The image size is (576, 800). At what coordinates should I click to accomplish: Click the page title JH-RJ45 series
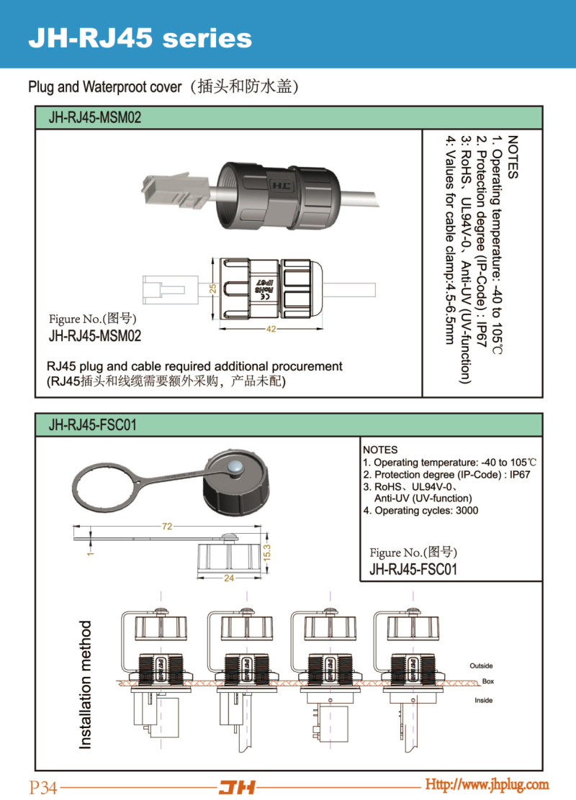tap(140, 38)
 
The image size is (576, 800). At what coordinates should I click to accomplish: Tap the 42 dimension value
tap(271, 329)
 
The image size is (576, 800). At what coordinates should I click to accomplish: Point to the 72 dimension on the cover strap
tap(167, 527)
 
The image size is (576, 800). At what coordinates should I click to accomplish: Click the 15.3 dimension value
tap(266, 553)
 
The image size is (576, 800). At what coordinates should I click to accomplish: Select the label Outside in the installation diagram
tap(481, 665)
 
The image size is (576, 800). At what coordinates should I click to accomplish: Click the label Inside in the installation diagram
tap(484, 700)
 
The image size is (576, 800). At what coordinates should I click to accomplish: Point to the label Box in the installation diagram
tap(488, 681)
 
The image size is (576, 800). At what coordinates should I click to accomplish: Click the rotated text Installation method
tap(86, 684)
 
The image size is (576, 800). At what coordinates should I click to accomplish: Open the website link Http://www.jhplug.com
tap(487, 784)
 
